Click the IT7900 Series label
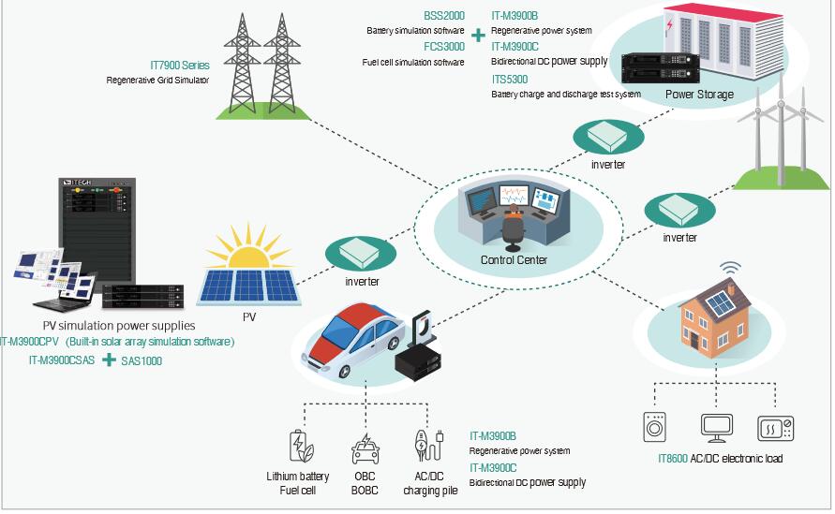180,66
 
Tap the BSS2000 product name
444,16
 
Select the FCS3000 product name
444,47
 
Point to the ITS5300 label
510,80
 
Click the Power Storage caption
699,95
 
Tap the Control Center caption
514,259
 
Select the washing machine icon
656,427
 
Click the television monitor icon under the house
717,427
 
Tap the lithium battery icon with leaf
298,447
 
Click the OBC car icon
365,448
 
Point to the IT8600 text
672,459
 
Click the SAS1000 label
142,360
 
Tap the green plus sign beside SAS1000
109,360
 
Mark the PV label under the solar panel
248,316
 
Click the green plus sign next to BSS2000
478,36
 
